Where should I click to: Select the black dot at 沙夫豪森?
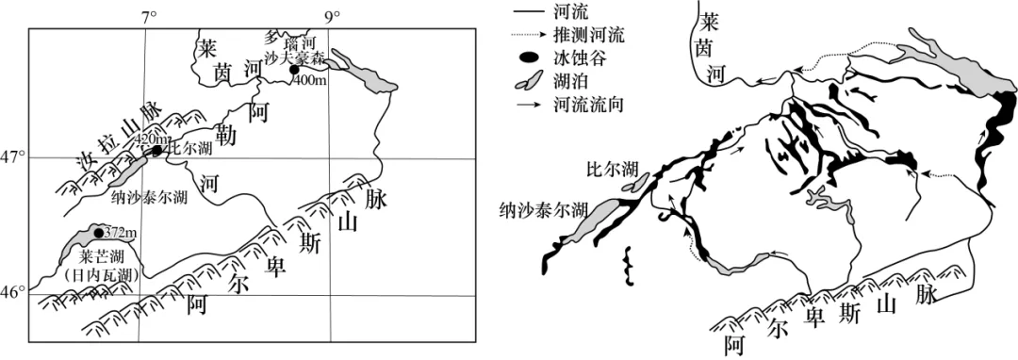click(294, 70)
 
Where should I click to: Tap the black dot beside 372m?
click(98, 233)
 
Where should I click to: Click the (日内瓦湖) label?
click(103, 273)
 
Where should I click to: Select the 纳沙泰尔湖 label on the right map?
click(543, 210)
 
